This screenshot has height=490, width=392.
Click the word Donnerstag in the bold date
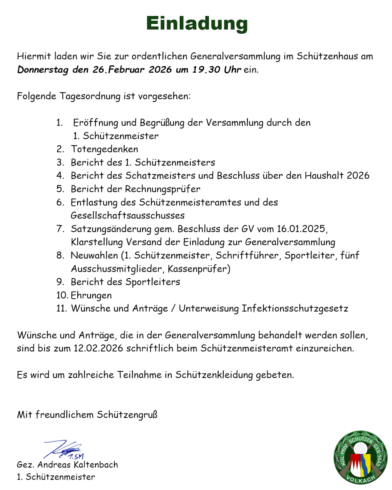[43, 70]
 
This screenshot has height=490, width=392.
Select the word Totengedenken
[105, 149]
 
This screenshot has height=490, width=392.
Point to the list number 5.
[60, 189]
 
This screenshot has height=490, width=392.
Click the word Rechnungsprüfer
[162, 189]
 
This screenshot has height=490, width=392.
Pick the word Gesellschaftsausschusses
[127, 216]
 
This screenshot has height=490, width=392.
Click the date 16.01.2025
[301, 229]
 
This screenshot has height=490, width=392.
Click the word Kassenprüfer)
[199, 269]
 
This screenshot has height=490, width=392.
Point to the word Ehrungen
[91, 295]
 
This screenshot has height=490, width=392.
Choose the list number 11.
[61, 309]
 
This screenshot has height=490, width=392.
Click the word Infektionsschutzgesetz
[295, 309]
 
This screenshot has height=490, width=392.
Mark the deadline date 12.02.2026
[98, 348]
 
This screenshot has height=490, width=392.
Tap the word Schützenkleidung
[214, 375]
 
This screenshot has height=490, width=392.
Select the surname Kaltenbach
[96, 465]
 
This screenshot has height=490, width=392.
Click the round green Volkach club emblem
[360, 457]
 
